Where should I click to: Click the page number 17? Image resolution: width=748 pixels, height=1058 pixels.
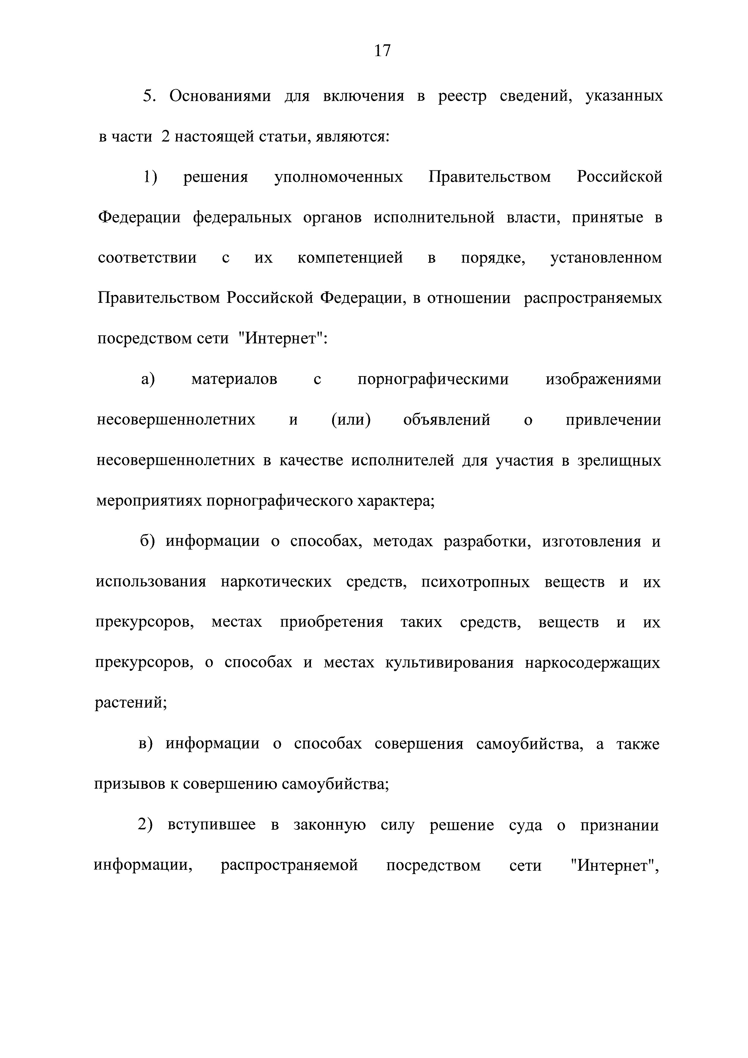point(382,50)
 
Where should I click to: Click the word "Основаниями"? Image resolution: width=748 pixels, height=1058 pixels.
point(220,96)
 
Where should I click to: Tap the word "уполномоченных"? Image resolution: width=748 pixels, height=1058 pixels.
point(338,177)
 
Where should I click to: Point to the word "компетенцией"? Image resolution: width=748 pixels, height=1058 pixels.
point(350,258)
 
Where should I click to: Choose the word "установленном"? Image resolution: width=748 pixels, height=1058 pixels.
point(606,258)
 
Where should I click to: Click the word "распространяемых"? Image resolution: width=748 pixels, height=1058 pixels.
point(593,298)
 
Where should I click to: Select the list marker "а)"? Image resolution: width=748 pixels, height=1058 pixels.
point(148,379)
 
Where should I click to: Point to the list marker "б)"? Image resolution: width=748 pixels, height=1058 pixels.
point(147,541)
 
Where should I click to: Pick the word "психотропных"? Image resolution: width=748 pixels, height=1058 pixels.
point(475,582)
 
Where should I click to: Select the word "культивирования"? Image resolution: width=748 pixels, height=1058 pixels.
point(449,663)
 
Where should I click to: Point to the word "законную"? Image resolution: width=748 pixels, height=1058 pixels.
point(330,825)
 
